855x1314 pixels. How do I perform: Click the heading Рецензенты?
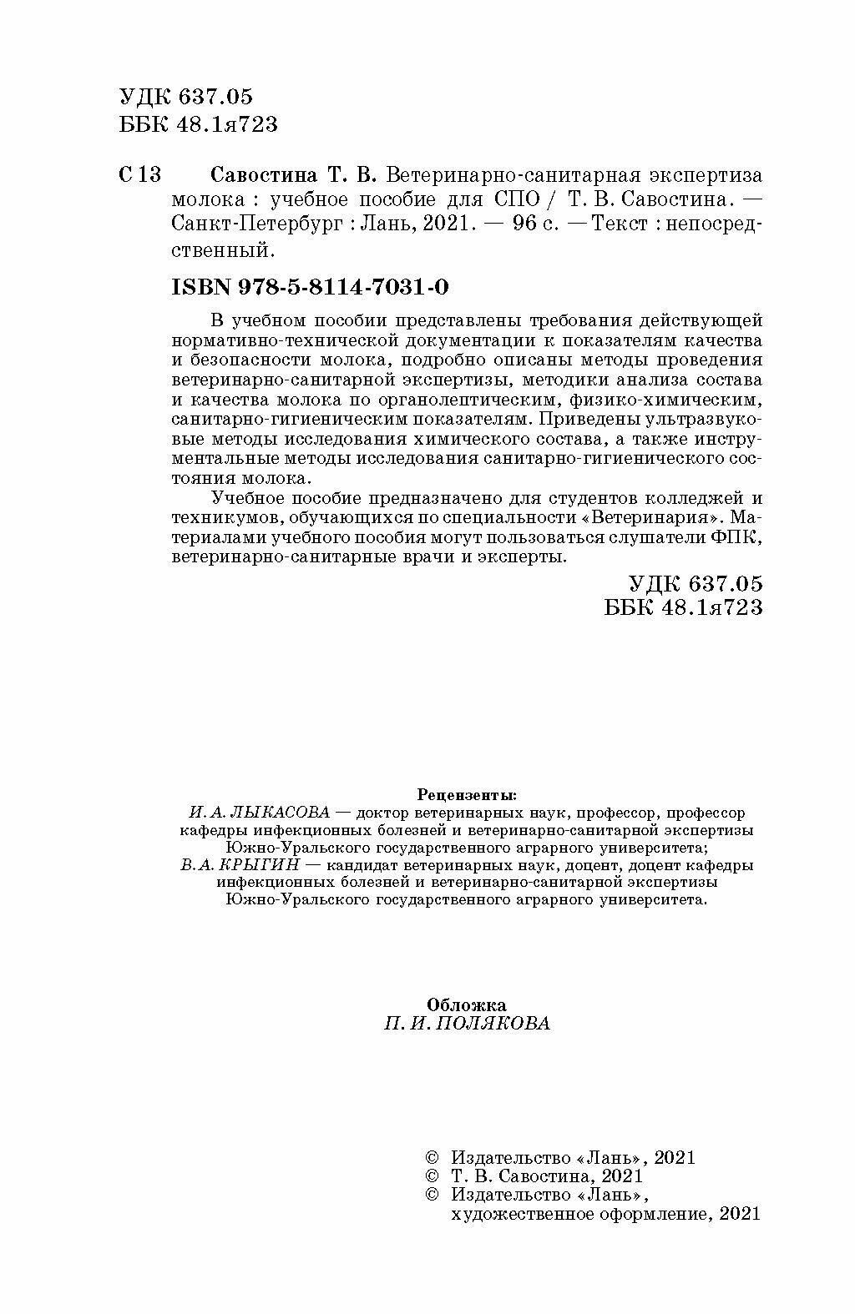466,793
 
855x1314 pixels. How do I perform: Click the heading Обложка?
467,1004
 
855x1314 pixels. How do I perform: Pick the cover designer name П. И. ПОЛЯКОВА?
467,1024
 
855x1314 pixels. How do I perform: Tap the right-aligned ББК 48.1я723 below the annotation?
683,607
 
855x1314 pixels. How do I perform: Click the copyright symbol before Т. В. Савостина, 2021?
432,1176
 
